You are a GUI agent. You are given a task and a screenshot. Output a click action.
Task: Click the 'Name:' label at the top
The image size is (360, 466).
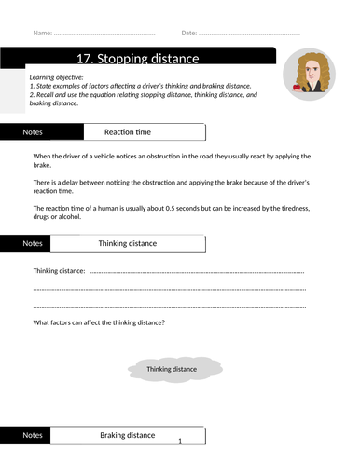click(43, 34)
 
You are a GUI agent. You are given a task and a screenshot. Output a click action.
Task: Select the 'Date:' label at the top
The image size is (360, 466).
click(189, 34)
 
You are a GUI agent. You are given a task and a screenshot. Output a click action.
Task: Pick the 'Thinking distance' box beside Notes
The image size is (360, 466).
click(128, 243)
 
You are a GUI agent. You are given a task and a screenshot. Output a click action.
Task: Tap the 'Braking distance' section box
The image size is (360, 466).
click(128, 435)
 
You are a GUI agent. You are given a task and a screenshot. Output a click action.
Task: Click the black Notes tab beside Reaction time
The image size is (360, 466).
click(33, 132)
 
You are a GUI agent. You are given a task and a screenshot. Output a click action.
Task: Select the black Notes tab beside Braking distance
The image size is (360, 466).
click(33, 435)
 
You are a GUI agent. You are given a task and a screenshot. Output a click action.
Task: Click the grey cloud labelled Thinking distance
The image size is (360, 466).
click(173, 369)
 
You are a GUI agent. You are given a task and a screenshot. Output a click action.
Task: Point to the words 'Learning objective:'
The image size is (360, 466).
click(57, 76)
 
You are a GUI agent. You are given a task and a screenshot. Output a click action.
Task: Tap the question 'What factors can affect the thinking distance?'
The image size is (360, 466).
click(100, 322)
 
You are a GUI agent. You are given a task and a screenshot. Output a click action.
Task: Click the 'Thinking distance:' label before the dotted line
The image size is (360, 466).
click(59, 271)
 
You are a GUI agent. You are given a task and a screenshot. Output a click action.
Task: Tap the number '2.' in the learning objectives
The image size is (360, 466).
click(33, 94)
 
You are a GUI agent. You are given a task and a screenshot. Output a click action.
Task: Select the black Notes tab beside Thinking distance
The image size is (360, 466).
click(33, 243)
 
